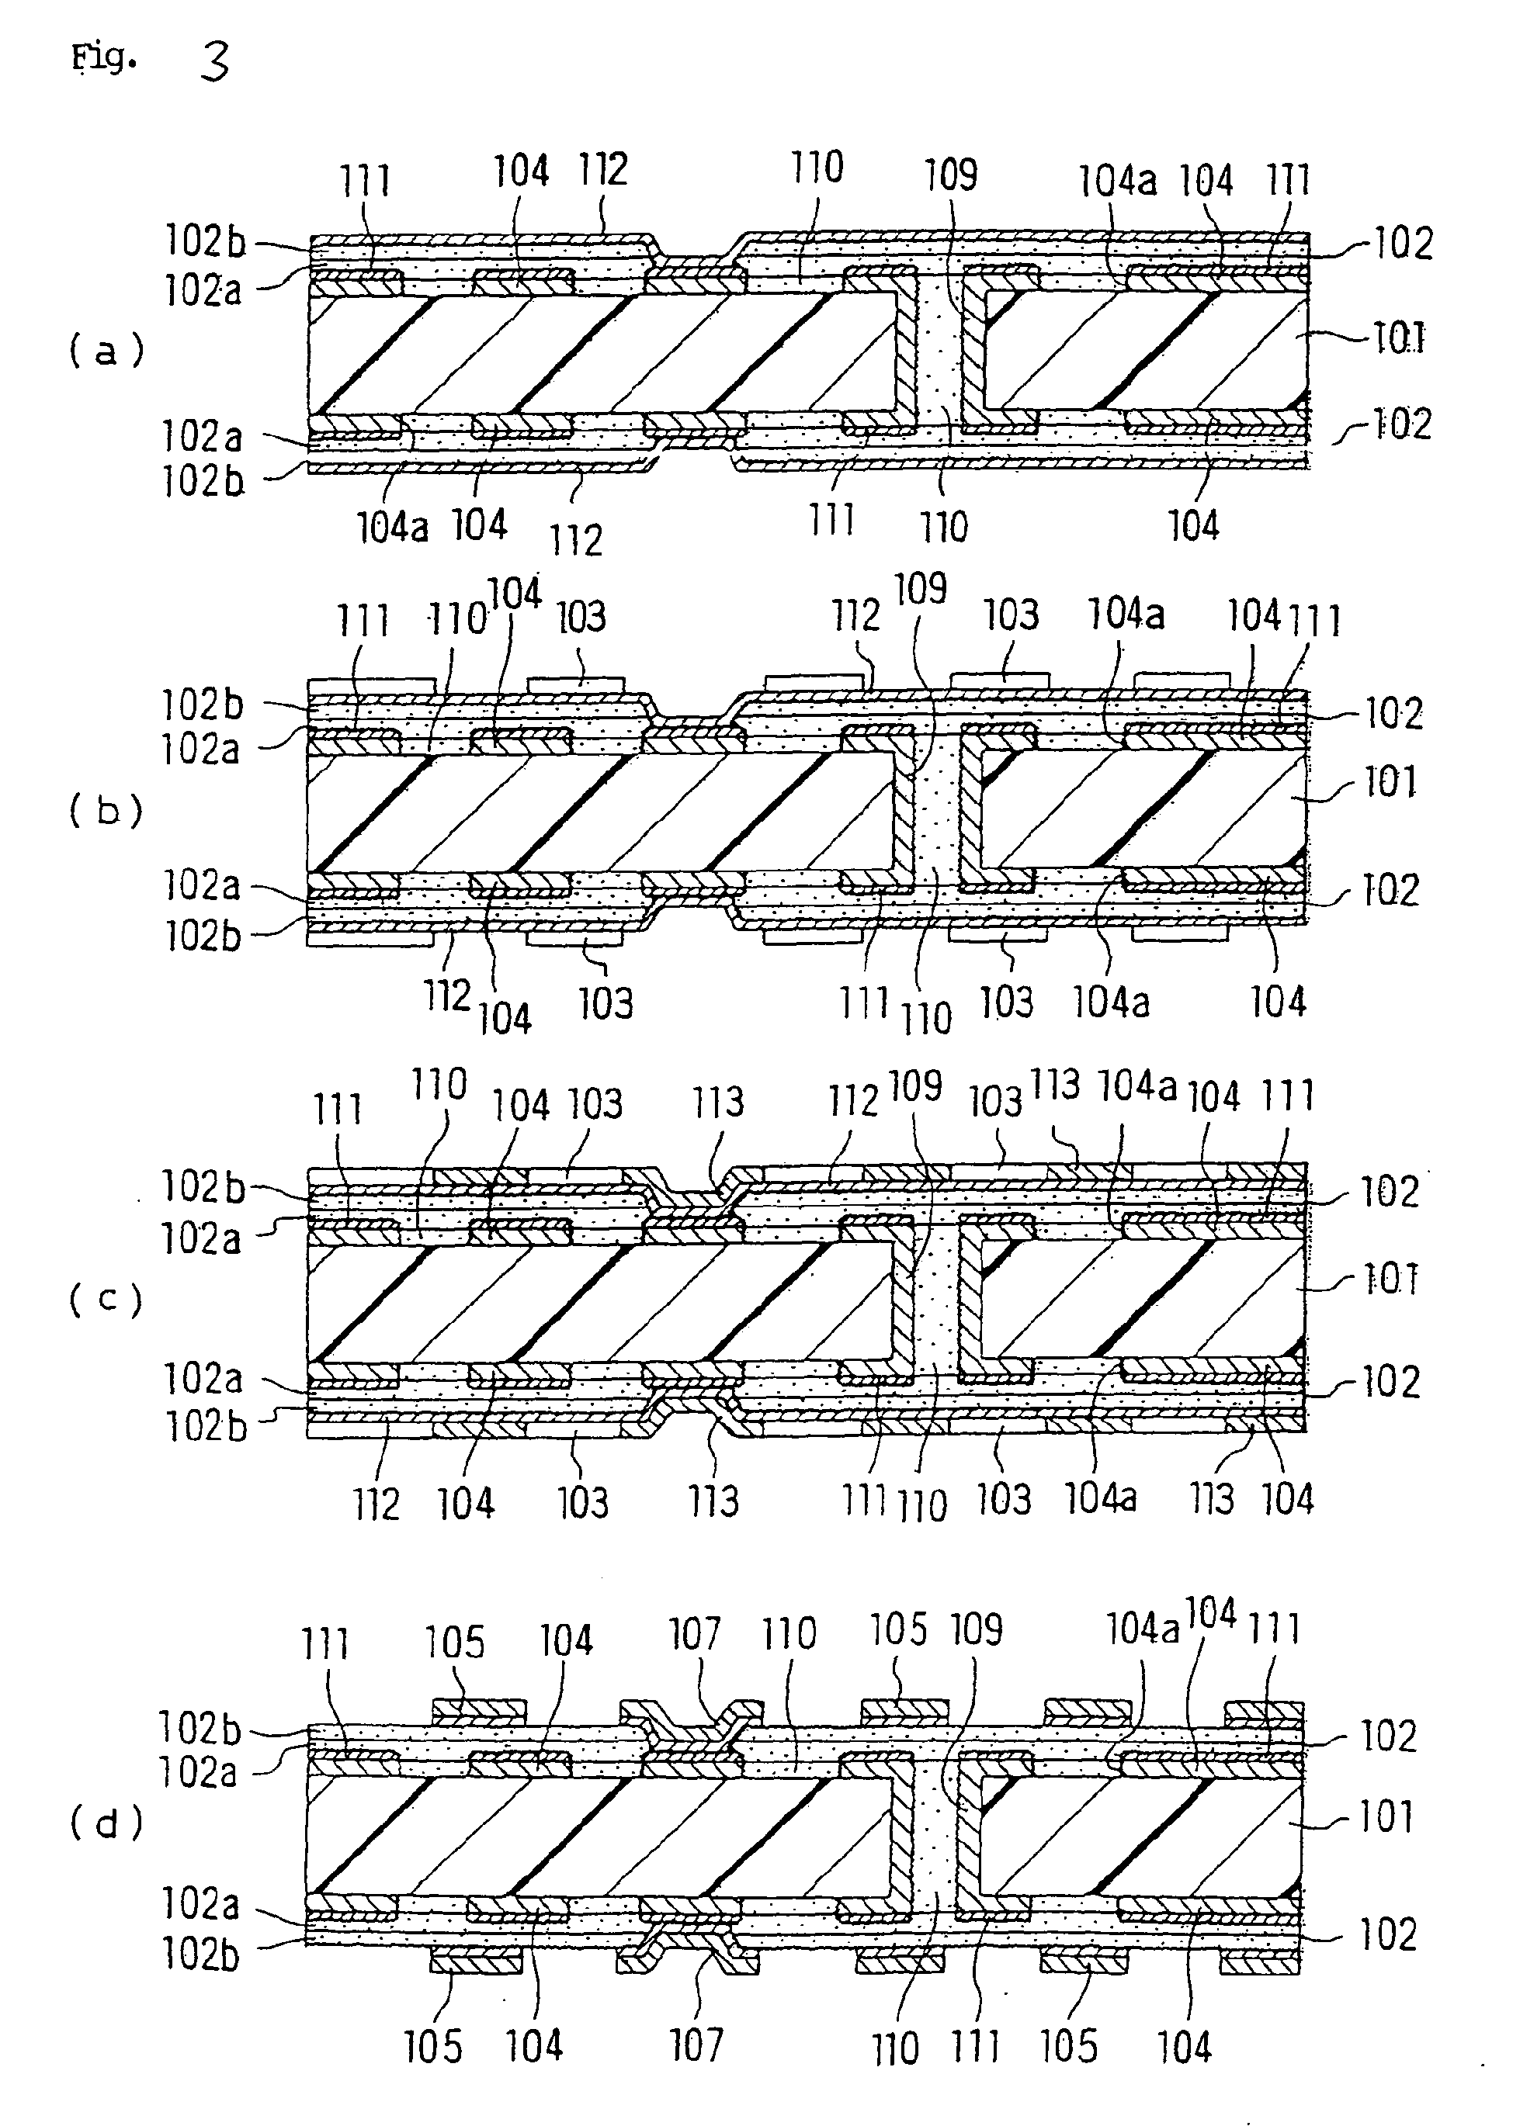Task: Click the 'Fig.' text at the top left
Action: (104, 59)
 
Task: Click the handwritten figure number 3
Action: (214, 64)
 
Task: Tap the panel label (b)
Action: (106, 811)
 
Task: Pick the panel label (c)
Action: (106, 1299)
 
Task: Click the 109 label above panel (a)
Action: (950, 175)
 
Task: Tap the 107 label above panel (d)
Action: (695, 1633)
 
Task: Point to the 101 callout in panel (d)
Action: (1386, 1816)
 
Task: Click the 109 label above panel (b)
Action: (920, 589)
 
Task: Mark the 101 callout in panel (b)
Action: (1390, 781)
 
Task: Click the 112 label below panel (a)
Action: (576, 540)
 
